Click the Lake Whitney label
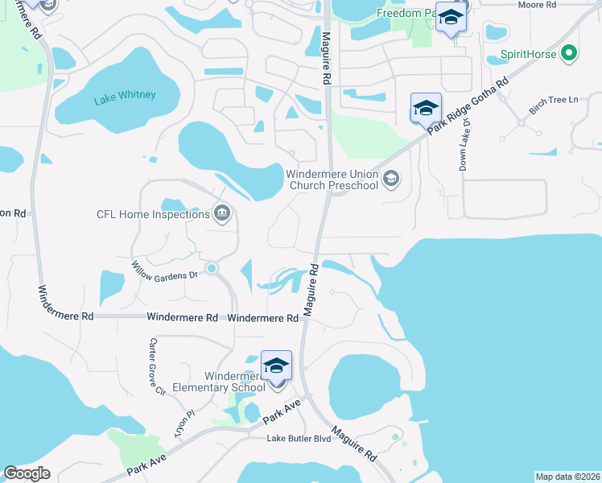[x=124, y=97]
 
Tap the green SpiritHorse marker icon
[x=570, y=55]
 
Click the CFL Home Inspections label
[x=153, y=214]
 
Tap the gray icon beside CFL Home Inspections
[x=223, y=213]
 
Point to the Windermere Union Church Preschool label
[x=332, y=180]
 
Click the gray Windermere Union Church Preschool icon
[x=391, y=179]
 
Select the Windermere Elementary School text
[x=234, y=382]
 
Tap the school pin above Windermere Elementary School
[x=276, y=365]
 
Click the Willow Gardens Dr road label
[x=165, y=270]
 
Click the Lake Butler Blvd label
[x=299, y=439]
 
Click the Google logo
[x=27, y=473]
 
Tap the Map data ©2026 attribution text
[x=567, y=477]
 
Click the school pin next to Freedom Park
[x=451, y=17]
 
